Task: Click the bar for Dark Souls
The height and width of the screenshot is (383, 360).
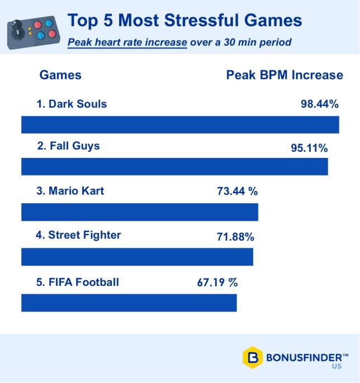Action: (180, 125)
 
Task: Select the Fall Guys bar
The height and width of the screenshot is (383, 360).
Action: (174, 166)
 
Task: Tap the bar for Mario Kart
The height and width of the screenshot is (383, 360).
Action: (140, 212)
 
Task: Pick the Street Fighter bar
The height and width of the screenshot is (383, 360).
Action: (137, 257)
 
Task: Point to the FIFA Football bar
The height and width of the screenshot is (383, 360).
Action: (129, 302)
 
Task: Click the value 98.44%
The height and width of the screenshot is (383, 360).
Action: (320, 104)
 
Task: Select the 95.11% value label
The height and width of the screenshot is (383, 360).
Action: (309, 149)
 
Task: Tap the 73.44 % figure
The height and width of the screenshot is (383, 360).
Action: (237, 191)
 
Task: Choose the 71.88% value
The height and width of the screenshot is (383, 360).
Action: (235, 237)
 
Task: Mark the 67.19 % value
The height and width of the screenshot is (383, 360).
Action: (217, 283)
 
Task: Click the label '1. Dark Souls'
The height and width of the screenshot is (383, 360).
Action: (72, 104)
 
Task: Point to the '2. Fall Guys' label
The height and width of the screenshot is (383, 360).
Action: (68, 146)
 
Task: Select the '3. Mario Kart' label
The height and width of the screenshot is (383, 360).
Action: (70, 191)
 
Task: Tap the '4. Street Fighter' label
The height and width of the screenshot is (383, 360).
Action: (78, 235)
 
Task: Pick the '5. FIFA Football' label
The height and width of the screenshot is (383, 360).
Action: (78, 282)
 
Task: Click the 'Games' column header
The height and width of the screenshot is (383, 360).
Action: (60, 75)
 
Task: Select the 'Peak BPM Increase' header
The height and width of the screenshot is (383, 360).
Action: (285, 75)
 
